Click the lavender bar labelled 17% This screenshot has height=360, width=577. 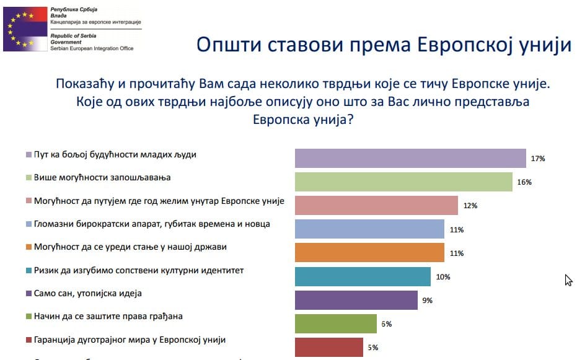pyautogui.click(x=410, y=159)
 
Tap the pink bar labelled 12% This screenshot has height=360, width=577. pyautogui.click(x=376, y=206)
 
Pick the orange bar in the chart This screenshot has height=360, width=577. pyautogui.click(x=369, y=253)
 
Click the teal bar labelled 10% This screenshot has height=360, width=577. pyautogui.click(x=363, y=276)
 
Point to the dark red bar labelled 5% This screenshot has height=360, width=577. pyautogui.click(x=328, y=347)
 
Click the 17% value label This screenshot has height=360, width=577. pyautogui.click(x=537, y=159)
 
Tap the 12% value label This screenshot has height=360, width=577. pyautogui.click(x=470, y=206)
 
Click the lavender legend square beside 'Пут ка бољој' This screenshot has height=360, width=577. pyautogui.click(x=28, y=154)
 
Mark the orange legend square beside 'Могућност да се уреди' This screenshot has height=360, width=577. pyautogui.click(x=28, y=247)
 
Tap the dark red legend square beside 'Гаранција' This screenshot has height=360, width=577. pyautogui.click(x=28, y=340)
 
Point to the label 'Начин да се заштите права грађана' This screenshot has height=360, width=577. pyautogui.click(x=108, y=317)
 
